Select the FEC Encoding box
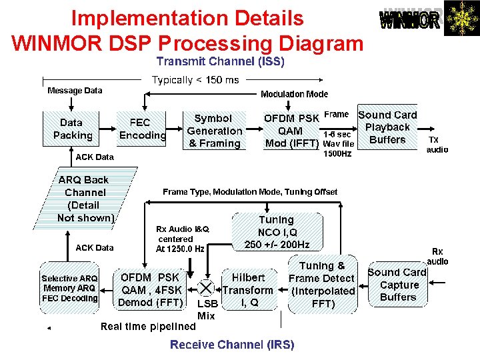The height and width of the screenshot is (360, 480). (141, 129)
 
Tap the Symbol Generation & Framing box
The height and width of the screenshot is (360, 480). (214, 131)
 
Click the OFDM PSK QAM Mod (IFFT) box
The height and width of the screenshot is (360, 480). (291, 131)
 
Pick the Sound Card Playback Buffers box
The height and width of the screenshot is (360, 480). (387, 127)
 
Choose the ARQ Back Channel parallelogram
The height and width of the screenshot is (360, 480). (87, 199)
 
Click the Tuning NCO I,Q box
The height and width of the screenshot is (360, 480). (276, 231)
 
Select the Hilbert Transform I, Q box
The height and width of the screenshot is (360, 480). (248, 290)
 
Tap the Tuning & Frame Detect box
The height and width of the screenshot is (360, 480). (322, 285)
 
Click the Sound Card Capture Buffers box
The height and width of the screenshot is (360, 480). (397, 285)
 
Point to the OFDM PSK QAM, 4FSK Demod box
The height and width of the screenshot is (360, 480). (149, 290)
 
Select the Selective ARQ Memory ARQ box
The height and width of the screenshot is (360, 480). (69, 288)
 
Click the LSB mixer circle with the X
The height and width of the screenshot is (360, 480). (207, 289)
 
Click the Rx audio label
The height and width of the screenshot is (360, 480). (437, 256)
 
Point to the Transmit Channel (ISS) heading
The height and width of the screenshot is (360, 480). (220, 62)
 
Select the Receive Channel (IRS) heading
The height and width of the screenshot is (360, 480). (231, 344)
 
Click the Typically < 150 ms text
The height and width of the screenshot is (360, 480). (195, 80)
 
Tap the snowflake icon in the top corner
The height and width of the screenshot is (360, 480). (461, 19)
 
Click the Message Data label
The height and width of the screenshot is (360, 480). (75, 91)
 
